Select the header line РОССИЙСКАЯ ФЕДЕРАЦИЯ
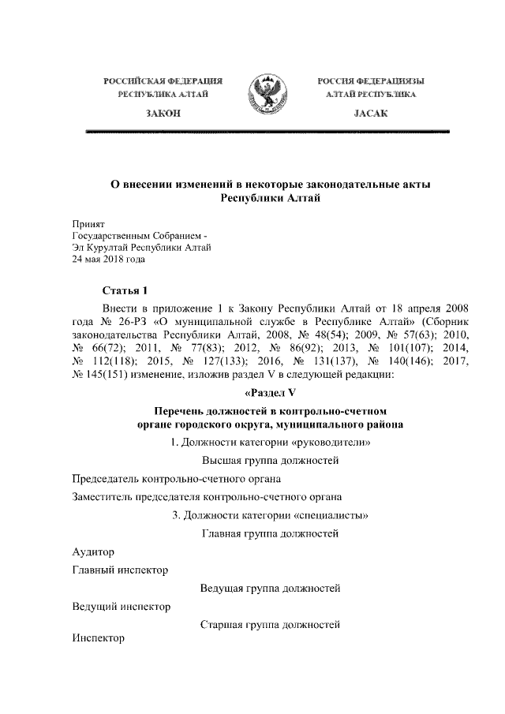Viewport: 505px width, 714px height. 164,81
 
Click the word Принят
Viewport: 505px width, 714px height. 88,224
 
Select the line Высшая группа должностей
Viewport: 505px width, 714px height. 270,460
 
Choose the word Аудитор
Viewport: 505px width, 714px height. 93,551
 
